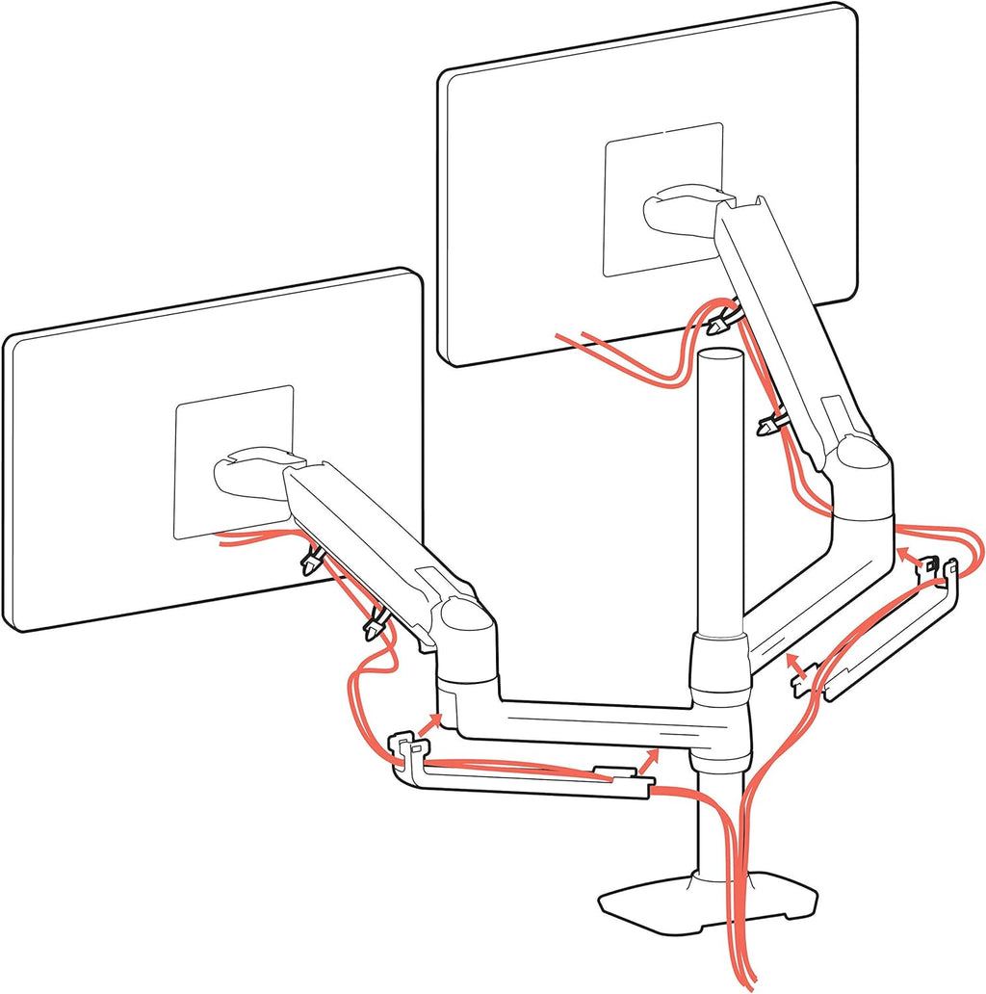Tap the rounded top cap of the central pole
[x=719, y=361]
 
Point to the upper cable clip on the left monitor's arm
[x=311, y=562]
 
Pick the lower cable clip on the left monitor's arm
[x=374, y=627]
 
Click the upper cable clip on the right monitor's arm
[x=717, y=321]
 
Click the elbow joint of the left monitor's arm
[x=467, y=626]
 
